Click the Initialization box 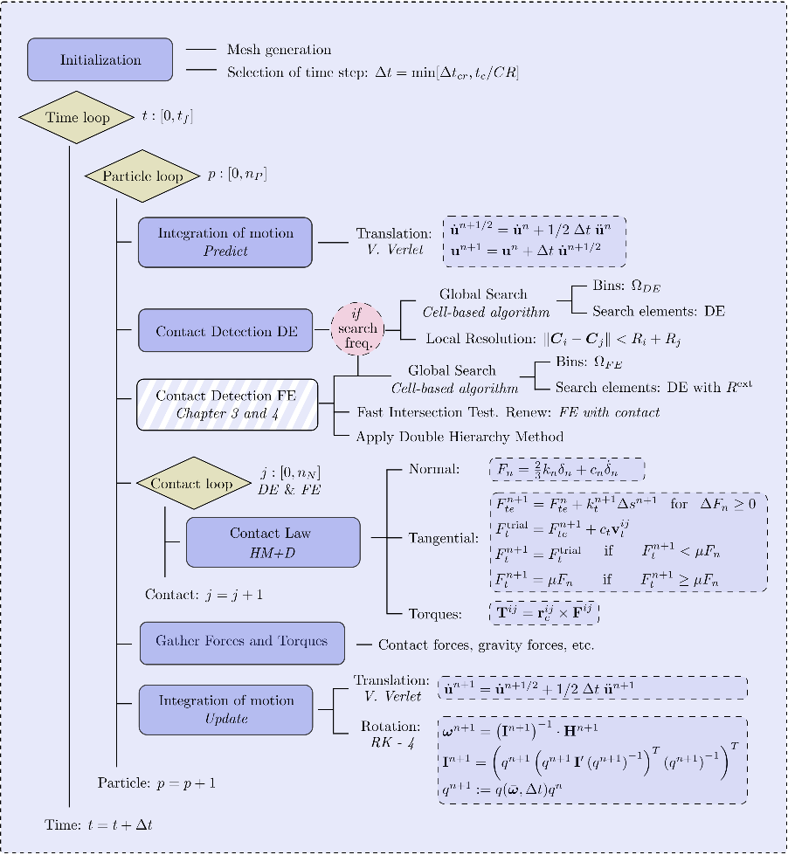click(100, 60)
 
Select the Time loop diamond click(78, 118)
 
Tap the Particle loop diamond click(143, 176)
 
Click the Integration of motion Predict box click(225, 242)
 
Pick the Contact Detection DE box click(225, 330)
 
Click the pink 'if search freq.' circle click(358, 329)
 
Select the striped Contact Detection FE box click(225, 403)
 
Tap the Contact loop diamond click(191, 483)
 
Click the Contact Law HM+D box click(273, 541)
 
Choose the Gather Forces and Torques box click(242, 642)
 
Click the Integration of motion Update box click(225, 709)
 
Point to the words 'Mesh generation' click(279, 50)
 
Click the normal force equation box click(566, 470)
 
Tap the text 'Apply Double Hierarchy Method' click(460, 436)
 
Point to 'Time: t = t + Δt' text click(99, 824)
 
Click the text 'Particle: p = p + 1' click(156, 783)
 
